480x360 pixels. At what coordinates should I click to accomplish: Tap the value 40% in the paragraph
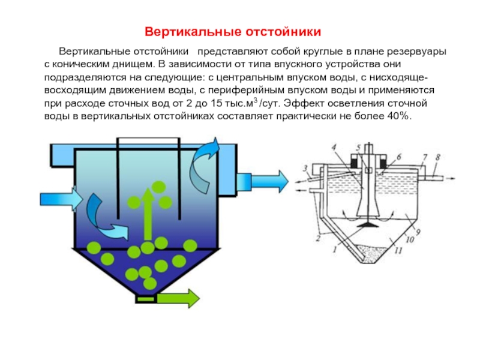397,116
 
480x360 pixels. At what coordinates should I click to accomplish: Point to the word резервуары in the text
419,52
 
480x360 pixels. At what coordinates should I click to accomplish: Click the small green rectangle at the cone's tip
145,298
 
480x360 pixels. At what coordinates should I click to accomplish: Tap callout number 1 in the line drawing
328,248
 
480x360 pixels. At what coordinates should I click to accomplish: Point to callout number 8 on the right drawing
437,158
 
